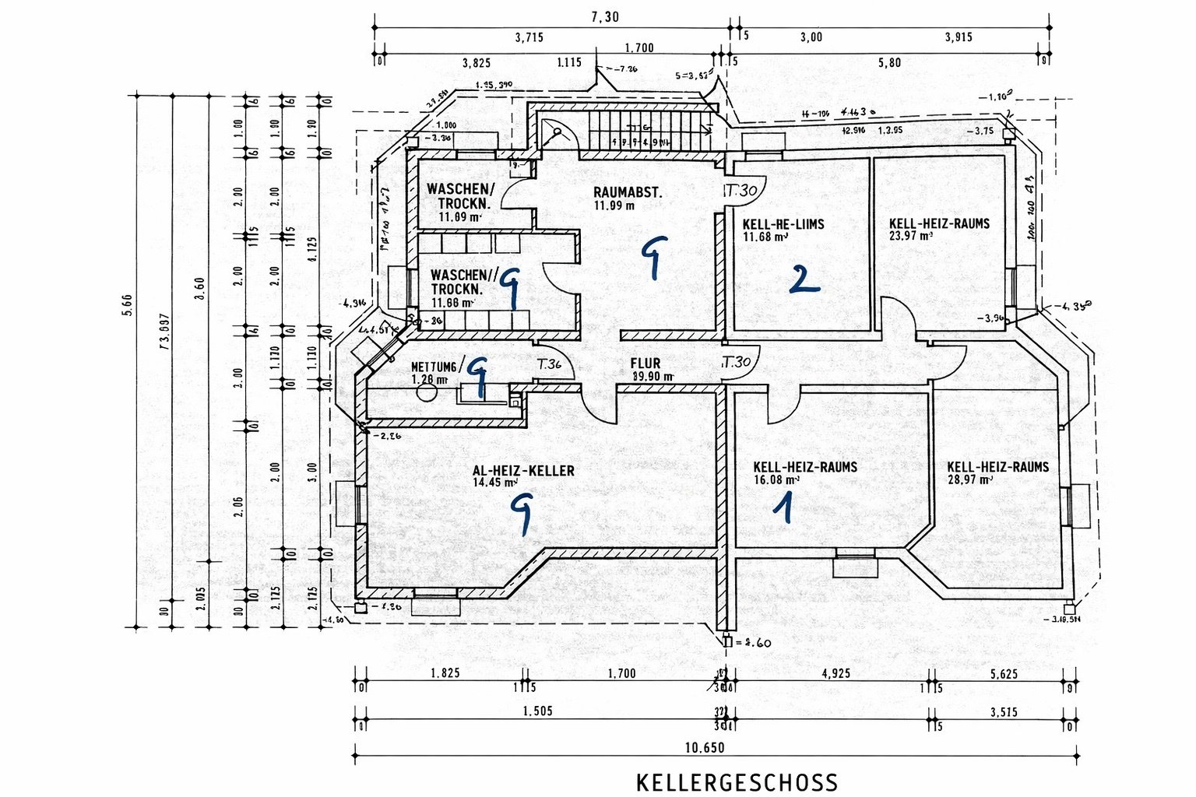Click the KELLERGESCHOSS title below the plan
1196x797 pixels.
coord(737,782)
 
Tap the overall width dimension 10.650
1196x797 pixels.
coord(705,748)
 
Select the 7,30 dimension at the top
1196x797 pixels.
coord(605,17)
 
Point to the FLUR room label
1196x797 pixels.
coord(645,363)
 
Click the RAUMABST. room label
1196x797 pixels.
coord(628,192)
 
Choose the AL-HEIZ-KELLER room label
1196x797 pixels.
coord(523,470)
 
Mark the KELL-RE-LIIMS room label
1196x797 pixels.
coord(783,224)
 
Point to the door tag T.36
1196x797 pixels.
coord(549,363)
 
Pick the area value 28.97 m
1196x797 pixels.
coord(969,480)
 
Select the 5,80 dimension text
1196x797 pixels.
coord(889,62)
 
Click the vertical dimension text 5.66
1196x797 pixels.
coord(126,307)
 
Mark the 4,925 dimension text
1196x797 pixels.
coord(835,673)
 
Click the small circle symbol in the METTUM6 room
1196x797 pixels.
coord(427,391)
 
